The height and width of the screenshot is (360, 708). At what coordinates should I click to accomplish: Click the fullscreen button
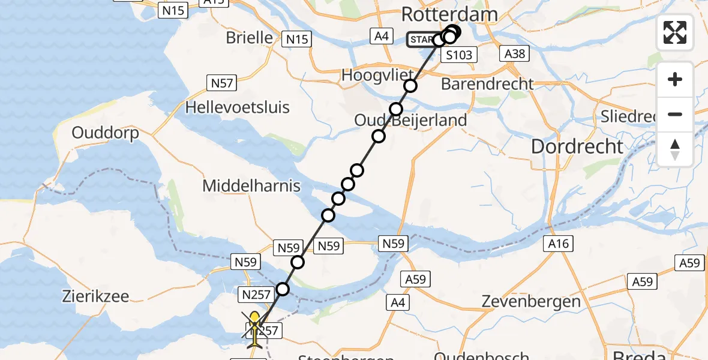coord(675,32)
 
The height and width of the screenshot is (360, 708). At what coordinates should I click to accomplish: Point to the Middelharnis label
coord(251,186)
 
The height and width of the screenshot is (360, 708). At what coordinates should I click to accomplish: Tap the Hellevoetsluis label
coord(238,108)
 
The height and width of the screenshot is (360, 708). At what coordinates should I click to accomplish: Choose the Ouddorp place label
coord(105,133)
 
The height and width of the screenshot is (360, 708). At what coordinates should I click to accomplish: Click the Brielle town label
coord(249,38)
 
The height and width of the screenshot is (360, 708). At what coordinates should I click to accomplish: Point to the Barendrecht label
coord(487,84)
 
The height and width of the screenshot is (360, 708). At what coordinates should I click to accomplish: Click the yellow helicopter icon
coord(255,329)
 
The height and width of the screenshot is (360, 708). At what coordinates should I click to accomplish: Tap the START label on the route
coord(421,40)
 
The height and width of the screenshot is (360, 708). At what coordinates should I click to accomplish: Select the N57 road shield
coord(221,82)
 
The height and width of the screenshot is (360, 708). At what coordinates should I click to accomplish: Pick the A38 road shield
coord(515,54)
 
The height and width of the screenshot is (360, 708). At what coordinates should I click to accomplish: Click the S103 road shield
coord(459,55)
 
